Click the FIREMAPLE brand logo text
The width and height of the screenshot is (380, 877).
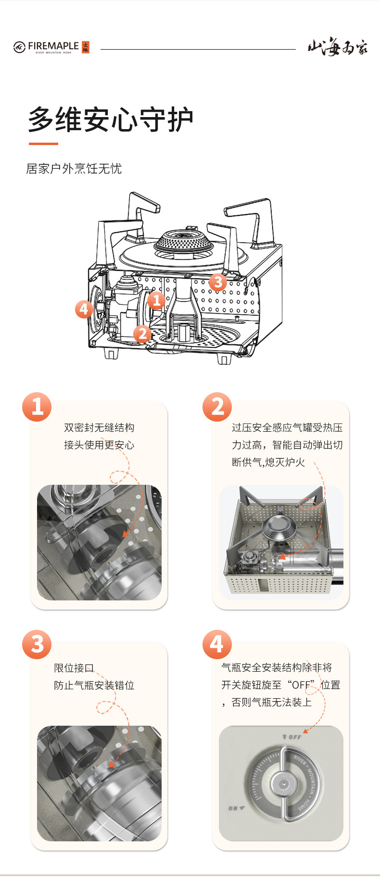(x=53, y=46)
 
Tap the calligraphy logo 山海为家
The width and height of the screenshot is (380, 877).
(x=338, y=48)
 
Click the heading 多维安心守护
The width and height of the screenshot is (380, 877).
(x=111, y=120)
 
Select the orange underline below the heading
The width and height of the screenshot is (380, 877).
(x=43, y=144)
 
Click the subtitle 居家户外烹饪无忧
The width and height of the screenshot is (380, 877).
(x=74, y=169)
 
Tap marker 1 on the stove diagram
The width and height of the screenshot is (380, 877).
(x=156, y=301)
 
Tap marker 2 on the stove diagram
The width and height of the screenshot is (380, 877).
(x=142, y=333)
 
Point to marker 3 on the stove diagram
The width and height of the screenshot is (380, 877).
(x=218, y=282)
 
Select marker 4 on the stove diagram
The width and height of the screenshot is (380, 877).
(x=84, y=309)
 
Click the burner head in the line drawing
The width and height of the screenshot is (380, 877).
(x=184, y=241)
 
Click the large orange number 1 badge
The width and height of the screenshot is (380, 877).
(x=37, y=407)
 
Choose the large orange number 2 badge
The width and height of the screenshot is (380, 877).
(x=217, y=407)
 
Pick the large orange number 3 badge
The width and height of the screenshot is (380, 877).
(x=37, y=644)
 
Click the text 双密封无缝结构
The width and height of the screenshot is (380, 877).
(x=99, y=427)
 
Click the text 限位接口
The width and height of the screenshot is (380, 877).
(x=74, y=668)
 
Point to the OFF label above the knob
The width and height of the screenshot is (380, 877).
(x=292, y=737)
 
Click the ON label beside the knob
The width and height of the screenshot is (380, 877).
(x=237, y=808)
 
